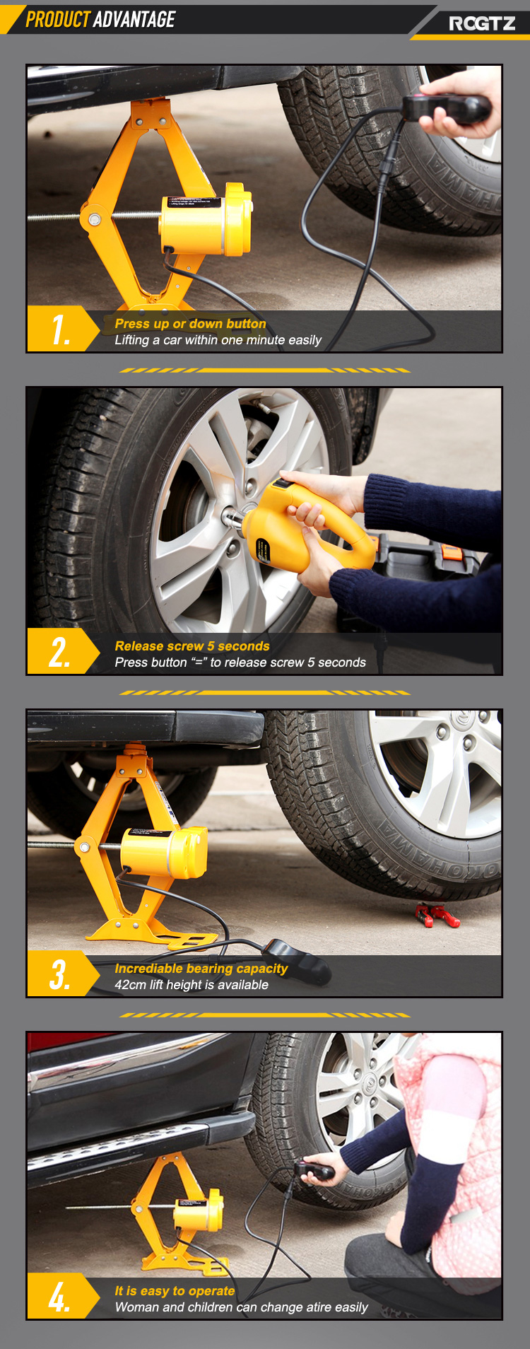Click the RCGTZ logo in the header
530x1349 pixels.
[x=482, y=23]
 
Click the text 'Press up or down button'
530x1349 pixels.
[x=191, y=324]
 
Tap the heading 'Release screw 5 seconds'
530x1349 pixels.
[x=192, y=646]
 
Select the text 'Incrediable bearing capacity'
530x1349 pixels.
[x=201, y=969]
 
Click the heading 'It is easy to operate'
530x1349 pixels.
[x=175, y=1291]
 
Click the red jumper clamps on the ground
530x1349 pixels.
[x=437, y=915]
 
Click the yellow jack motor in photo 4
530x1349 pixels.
[x=199, y=1210]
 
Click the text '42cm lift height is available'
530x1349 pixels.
[x=192, y=985]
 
